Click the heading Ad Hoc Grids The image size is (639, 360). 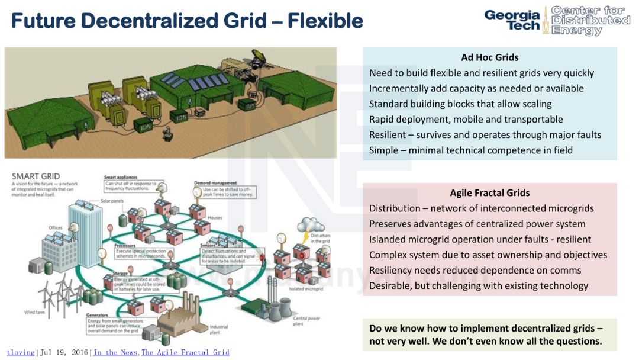tap(489, 57)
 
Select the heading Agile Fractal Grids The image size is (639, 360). tap(489, 193)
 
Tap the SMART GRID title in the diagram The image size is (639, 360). tap(35, 176)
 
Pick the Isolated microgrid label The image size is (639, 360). tap(306, 290)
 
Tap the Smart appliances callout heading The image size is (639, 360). tap(121, 178)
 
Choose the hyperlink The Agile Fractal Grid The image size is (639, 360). tap(185, 353)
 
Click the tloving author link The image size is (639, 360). tap(21, 353)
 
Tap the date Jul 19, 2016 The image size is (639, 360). tap(64, 353)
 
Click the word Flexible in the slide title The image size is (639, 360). tap(325, 21)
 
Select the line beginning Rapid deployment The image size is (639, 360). tap(466, 120)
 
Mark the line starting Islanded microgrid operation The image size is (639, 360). tap(480, 239)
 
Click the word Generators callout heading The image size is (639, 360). tap(97, 316)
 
